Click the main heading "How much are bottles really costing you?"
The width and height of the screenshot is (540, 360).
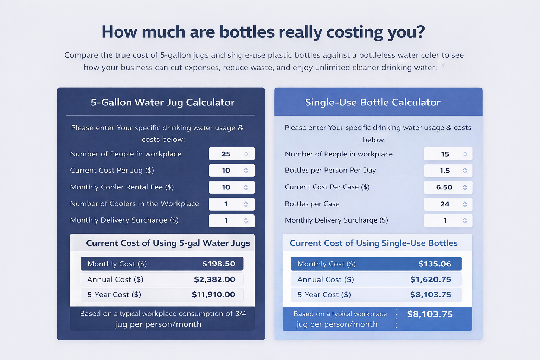tap(263, 32)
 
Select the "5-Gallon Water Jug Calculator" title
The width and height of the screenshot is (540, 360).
tap(162, 102)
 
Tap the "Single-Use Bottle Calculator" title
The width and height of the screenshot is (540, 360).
tap(373, 102)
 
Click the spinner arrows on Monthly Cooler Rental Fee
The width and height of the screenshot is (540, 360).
tap(246, 187)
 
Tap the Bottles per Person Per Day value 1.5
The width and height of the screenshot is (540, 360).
tap(444, 171)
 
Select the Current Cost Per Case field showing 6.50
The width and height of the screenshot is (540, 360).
tap(444, 187)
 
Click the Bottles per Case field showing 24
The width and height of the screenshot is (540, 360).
tap(444, 204)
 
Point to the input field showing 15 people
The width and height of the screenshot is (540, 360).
tap(444, 154)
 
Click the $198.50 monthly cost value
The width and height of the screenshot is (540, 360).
tap(219, 264)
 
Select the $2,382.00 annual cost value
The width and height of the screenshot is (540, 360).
tap(214, 279)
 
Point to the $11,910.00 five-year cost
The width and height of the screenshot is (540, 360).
tap(213, 295)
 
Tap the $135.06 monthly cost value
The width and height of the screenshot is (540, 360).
tap(435, 264)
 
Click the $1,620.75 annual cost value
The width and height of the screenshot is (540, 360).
tap(431, 279)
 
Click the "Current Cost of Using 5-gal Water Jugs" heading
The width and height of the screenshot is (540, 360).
tap(168, 243)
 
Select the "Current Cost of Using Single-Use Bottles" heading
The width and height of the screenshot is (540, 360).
tap(373, 243)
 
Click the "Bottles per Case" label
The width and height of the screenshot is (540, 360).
tap(312, 204)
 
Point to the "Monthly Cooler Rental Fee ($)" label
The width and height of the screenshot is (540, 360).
tap(122, 187)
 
